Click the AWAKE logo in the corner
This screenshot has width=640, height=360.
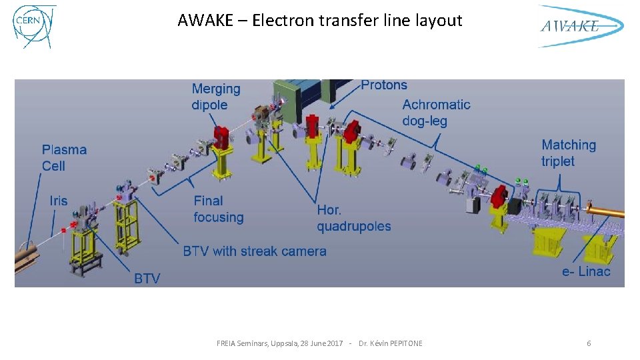580,26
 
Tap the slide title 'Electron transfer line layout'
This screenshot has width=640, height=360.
320,21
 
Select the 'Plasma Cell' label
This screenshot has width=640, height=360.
64,157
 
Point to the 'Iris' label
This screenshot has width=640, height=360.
59,201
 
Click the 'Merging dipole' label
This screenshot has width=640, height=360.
215,97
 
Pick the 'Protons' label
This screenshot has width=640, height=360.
383,85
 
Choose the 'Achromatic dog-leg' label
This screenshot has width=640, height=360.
436,113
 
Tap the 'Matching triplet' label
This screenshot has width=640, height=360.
568,153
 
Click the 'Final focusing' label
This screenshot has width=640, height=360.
219,209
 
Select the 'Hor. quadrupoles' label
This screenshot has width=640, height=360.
353,218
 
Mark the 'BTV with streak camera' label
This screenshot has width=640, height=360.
255,251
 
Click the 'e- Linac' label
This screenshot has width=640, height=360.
586,271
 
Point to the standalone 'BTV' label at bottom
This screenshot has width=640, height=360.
147,278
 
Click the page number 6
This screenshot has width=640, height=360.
589,343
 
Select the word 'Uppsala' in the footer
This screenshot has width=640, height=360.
273,343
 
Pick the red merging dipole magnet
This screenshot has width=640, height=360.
221,137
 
